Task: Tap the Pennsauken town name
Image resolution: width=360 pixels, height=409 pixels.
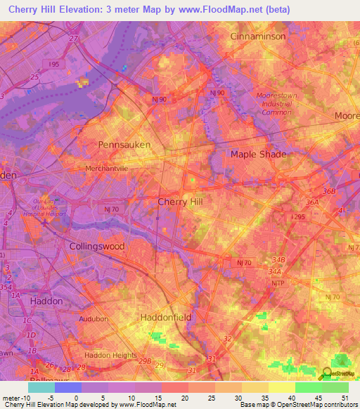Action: click(124, 144)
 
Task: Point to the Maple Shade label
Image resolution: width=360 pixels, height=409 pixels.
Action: click(259, 154)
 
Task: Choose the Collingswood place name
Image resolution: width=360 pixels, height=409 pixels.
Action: click(97, 247)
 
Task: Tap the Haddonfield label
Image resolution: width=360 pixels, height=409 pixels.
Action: click(166, 318)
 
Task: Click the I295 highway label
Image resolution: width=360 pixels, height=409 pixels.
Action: click(300, 219)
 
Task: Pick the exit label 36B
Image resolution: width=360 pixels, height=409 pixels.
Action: click(329, 191)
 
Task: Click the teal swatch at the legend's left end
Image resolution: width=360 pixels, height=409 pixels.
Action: click(41, 387)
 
